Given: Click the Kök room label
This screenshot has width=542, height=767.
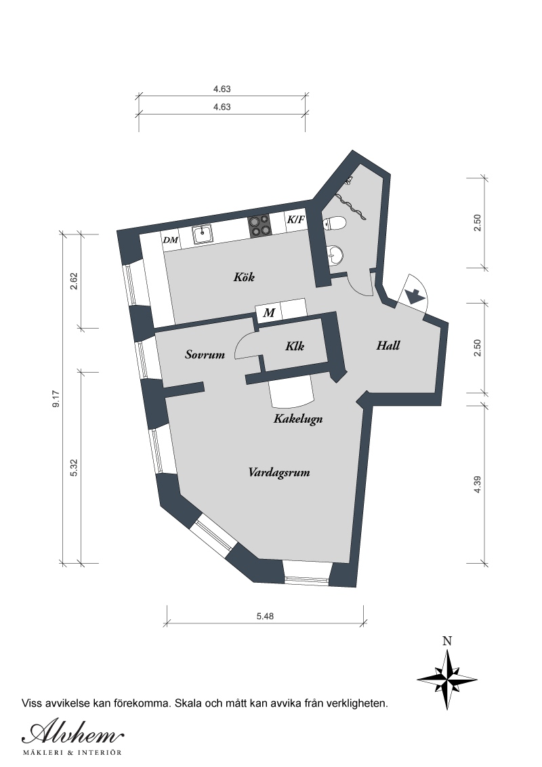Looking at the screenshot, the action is tap(244, 277).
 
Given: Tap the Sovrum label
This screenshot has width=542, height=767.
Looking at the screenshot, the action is tap(205, 354).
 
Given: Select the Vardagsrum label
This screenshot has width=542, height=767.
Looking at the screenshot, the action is tap(279, 472).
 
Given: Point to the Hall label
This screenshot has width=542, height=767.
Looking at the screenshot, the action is tap(388, 346).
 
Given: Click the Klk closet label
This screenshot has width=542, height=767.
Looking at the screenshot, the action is tap(295, 346).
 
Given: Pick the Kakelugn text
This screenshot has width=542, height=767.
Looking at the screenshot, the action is tap(298, 419).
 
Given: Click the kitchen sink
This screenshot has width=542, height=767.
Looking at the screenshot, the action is tap(202, 234).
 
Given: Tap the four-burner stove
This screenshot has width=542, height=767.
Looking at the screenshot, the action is tap(259, 226).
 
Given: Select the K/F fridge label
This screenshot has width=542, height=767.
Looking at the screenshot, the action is tap(295, 219).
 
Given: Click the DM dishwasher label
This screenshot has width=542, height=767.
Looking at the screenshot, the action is tap(170, 240).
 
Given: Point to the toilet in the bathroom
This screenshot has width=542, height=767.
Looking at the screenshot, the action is tap(335, 224).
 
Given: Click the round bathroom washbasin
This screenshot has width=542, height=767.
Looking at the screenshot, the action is tap(335, 254).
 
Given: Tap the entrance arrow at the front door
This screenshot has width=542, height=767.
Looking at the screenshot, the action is tap(413, 295).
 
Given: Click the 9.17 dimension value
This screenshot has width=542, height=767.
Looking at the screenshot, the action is tap(56, 398).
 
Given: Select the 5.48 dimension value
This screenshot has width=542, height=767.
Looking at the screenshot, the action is tap(265, 617).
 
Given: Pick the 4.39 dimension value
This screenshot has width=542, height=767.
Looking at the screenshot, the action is tap(478, 484).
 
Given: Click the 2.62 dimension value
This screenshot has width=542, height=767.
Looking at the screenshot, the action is tap(74, 281).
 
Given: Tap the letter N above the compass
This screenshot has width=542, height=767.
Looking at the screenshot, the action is tap(446, 641).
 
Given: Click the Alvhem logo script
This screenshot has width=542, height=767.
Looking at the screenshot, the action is tap(72, 732).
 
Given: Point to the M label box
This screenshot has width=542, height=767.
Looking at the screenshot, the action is tap(268, 313).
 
